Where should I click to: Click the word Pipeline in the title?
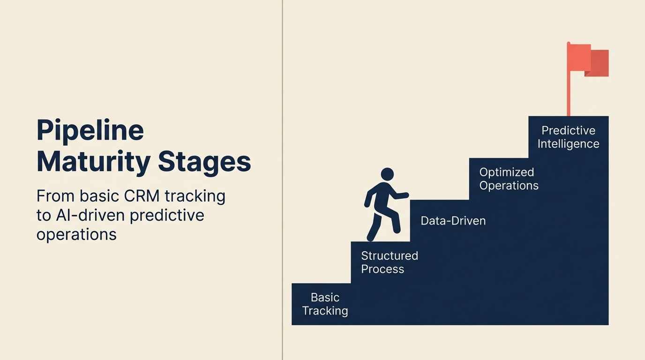point(90,131)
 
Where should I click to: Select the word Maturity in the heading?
point(93,162)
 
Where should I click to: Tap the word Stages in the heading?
point(204,162)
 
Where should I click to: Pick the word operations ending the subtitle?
point(76,234)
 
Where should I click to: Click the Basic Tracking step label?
point(325,304)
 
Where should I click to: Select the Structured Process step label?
point(389,262)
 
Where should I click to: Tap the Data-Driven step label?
point(453,221)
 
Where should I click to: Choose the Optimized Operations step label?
point(509,179)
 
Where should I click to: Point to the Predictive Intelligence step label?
point(568,137)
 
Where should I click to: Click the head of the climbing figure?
point(387,174)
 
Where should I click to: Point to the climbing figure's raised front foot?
point(396,229)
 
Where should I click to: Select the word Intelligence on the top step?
point(568,144)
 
